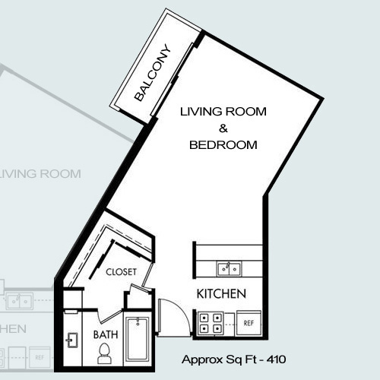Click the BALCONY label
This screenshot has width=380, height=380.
coord(152,73)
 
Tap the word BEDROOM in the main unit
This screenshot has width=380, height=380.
coord(223,145)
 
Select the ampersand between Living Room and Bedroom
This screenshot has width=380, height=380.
coord(223,128)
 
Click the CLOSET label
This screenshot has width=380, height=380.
coord(121,272)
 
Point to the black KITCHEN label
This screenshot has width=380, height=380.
coord(221,294)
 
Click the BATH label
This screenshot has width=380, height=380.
coord(106,334)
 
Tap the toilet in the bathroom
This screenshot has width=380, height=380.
coord(104,353)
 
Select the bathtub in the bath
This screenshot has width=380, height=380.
coord(138,340)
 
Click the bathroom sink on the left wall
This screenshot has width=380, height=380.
coord(72,340)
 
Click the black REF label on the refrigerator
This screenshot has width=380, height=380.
coord(249,323)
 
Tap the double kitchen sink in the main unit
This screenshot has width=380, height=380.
coord(230,269)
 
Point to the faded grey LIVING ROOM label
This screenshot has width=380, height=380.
coord(40,174)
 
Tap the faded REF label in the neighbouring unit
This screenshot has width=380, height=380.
coord(40,358)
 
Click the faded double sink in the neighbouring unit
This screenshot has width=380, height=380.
coord(20,302)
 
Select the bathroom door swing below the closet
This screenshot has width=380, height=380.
coord(109,317)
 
